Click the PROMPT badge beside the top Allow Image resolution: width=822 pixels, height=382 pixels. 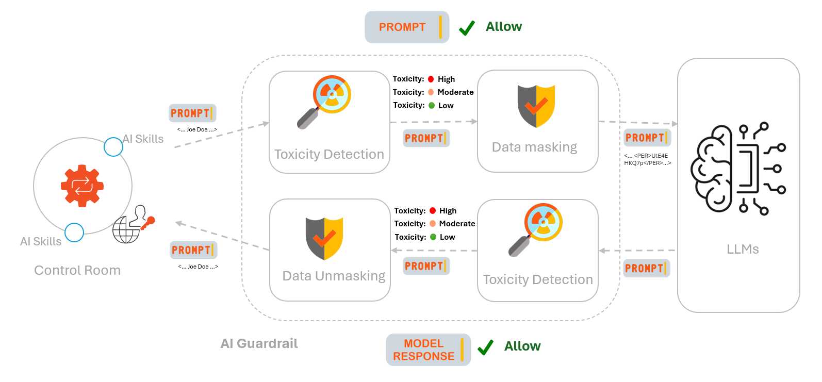pyautogui.click(x=406, y=27)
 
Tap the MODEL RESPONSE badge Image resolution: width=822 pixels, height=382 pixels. pyautogui.click(x=428, y=350)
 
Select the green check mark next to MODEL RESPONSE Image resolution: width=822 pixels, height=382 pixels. pyautogui.click(x=485, y=347)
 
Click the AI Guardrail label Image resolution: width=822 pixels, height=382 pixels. pyautogui.click(x=259, y=343)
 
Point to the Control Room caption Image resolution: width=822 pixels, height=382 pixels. pyautogui.click(x=77, y=270)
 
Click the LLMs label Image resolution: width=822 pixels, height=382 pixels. pyautogui.click(x=743, y=249)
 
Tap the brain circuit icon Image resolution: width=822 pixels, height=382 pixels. pyautogui.click(x=738, y=169)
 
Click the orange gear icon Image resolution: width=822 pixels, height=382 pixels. pyautogui.click(x=82, y=186)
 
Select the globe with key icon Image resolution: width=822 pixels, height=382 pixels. pyautogui.click(x=133, y=225)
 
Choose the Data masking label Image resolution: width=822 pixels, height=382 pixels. pyautogui.click(x=534, y=147)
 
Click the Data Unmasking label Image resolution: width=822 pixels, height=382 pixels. pyautogui.click(x=334, y=276)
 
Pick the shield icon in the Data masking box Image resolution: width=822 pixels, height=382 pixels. pyautogui.click(x=536, y=106)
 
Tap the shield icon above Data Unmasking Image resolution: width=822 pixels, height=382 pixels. pyautogui.click(x=324, y=238)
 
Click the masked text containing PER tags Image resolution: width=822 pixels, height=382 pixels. pyautogui.click(x=647, y=159)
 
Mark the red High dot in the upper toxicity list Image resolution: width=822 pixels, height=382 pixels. pyautogui.click(x=431, y=79)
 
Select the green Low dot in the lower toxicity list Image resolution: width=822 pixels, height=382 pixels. pyautogui.click(x=433, y=237)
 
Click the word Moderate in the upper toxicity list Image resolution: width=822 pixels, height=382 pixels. pyautogui.click(x=455, y=92)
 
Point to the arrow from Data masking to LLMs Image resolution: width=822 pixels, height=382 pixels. pyautogui.click(x=637, y=123)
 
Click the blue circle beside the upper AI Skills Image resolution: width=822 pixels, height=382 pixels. pyautogui.click(x=113, y=147)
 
